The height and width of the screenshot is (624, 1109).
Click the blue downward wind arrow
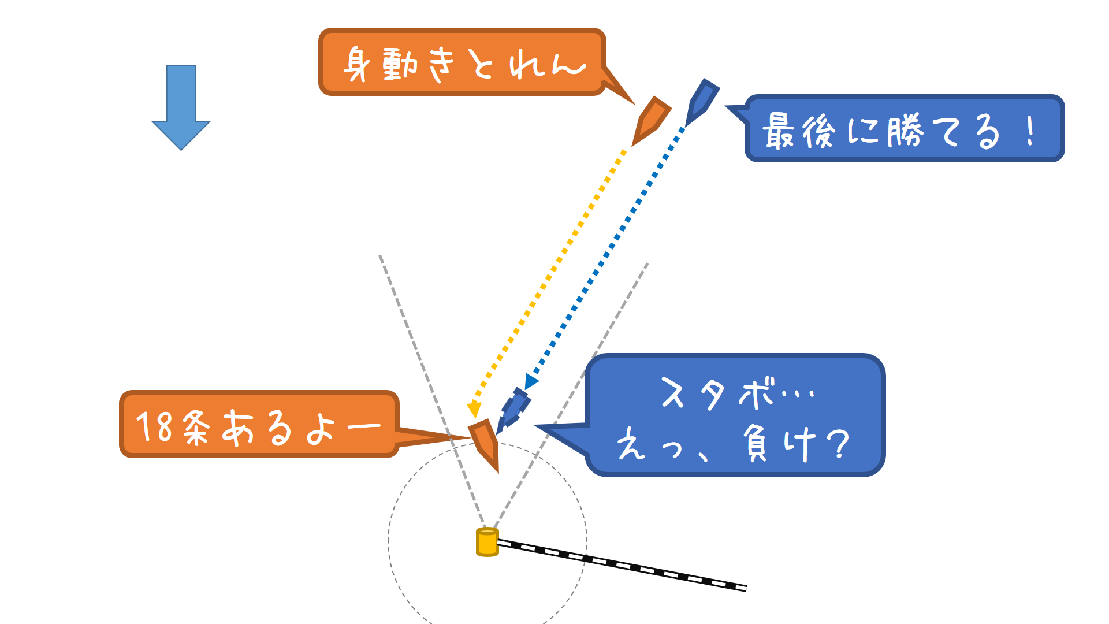[x=181, y=107]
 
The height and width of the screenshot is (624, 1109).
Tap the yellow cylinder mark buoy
[x=487, y=542]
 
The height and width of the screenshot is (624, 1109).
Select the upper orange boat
[x=652, y=120]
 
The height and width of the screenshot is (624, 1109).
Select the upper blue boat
[x=702, y=102]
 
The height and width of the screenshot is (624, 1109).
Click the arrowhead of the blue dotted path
[x=530, y=382]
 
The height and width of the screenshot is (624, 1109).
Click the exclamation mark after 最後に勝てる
[x=1030, y=131]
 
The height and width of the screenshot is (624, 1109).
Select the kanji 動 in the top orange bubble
[x=400, y=64]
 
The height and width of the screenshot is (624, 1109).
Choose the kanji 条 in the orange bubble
[x=196, y=428]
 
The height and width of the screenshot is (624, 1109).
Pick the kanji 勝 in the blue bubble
[x=905, y=131]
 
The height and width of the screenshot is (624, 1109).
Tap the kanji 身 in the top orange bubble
[x=357, y=65]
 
